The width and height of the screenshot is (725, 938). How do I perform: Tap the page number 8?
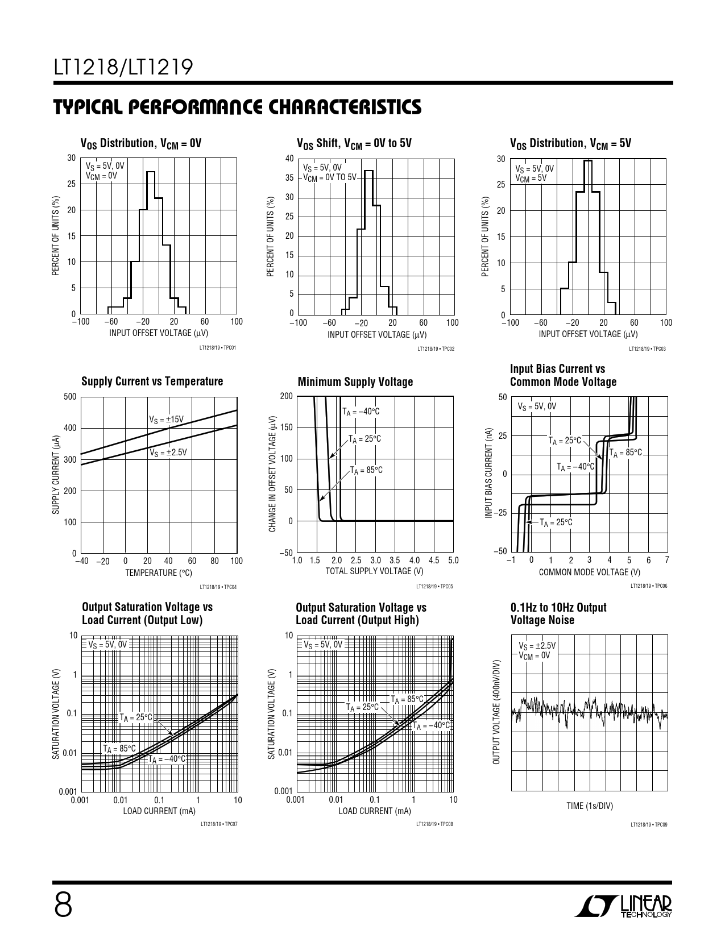click(63, 904)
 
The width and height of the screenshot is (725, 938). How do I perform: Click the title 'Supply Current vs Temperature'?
click(152, 381)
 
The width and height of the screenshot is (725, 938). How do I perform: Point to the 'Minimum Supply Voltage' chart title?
click(355, 382)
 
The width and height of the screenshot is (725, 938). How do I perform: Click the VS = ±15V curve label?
click(166, 420)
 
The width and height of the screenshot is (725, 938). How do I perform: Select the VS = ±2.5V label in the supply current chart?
click(168, 453)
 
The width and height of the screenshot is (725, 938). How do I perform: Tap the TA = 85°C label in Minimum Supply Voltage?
click(366, 470)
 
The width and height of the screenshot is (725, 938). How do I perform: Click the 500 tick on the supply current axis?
click(70, 397)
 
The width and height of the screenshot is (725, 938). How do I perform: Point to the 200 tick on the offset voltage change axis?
click(286, 396)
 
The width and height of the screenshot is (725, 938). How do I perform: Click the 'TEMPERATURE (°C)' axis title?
click(159, 572)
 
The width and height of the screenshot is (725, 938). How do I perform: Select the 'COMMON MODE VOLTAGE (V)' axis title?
click(589, 572)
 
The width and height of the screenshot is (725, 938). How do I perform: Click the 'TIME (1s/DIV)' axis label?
click(589, 806)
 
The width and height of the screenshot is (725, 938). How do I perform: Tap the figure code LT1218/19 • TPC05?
click(434, 587)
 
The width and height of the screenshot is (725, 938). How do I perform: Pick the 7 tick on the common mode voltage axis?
click(667, 560)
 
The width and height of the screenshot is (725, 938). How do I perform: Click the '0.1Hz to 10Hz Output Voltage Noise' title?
click(558, 614)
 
